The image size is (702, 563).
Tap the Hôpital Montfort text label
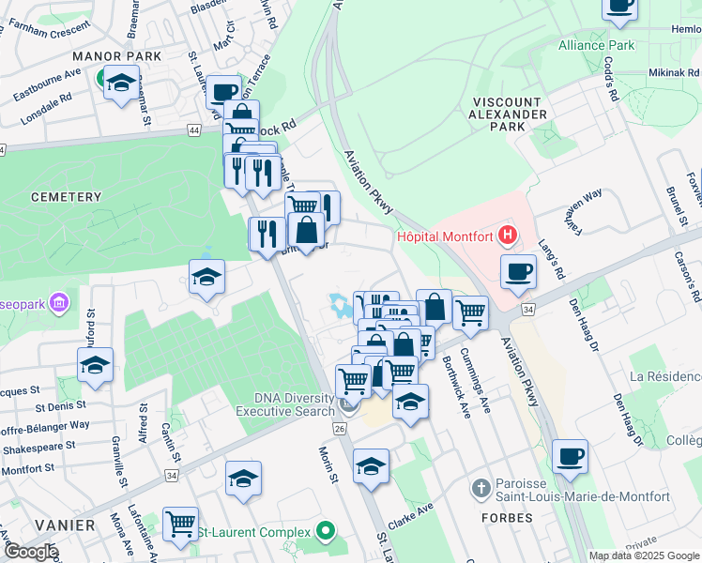[x=448, y=236]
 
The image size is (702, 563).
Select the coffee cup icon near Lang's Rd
[x=518, y=271]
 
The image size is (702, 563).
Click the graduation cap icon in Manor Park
[x=121, y=84]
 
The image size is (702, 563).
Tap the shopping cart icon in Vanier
[x=180, y=523]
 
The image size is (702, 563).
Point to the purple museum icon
[x=60, y=303]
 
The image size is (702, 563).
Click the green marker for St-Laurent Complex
[x=326, y=532]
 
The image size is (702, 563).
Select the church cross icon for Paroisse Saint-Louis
[x=481, y=488]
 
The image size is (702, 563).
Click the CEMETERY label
[x=65, y=197]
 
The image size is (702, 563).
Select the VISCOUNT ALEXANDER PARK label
[x=509, y=114]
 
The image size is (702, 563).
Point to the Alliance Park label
[x=597, y=45]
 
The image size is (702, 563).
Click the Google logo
[x=30, y=552]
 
